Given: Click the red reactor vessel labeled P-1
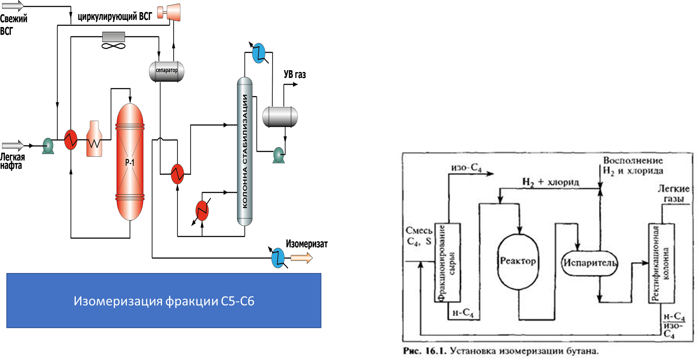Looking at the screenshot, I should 130,162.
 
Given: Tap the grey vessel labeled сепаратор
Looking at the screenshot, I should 166,71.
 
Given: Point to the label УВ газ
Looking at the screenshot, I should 295,75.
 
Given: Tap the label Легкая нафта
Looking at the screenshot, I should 12,162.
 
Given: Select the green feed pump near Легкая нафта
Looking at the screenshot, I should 48,145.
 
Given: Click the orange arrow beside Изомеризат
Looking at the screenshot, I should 301,258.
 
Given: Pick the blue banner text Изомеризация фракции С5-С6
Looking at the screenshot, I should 164,301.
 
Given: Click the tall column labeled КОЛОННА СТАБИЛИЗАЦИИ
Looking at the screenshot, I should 244,151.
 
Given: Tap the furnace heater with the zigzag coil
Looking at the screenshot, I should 94,139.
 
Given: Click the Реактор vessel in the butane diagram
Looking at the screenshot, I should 518,261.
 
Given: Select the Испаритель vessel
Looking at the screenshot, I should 589,263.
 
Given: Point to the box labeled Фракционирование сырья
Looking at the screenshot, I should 447,262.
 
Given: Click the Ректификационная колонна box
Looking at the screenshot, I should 661,262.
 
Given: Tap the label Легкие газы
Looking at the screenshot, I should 673,193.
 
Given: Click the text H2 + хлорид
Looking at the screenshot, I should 550,182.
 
